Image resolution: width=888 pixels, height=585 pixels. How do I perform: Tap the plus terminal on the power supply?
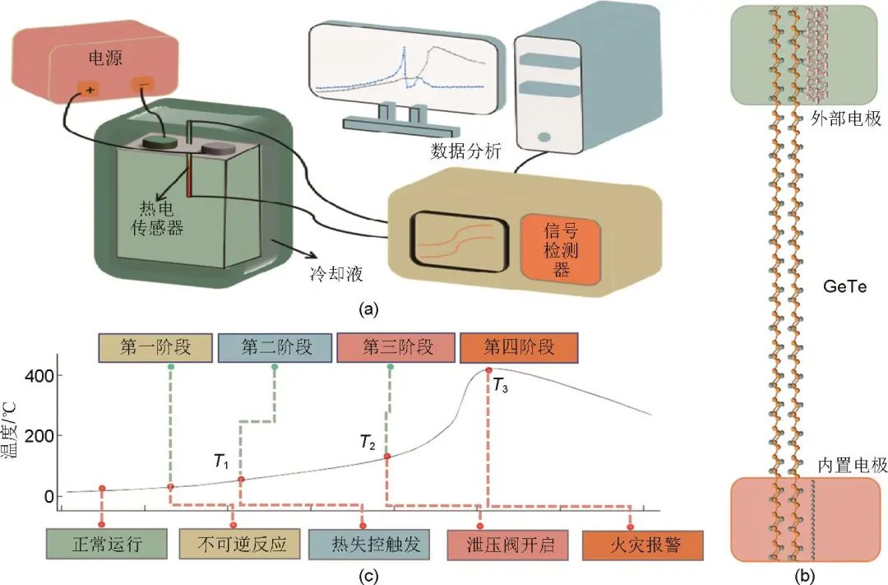(x=88, y=88)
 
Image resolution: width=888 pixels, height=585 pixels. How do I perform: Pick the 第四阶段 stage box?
(x=519, y=347)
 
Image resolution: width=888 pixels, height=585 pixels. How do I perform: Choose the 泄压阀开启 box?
(x=504, y=545)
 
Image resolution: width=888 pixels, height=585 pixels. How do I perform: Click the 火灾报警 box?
(x=632, y=545)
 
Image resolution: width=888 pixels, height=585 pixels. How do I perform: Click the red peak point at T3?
(x=489, y=370)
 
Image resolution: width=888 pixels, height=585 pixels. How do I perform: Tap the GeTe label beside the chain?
(x=844, y=287)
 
